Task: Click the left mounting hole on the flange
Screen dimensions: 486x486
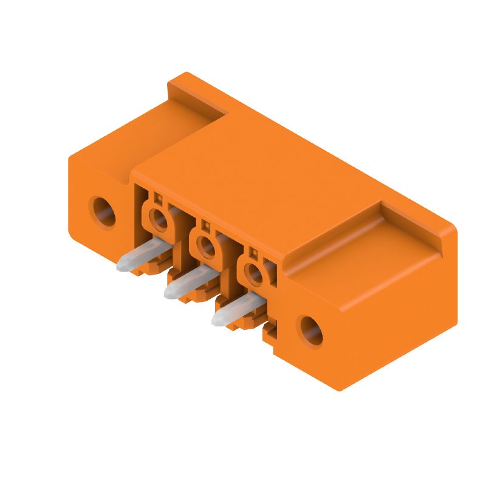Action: pyautogui.click(x=104, y=211)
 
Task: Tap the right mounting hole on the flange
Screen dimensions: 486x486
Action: pyautogui.click(x=310, y=331)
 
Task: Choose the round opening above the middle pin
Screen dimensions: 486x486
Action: pyautogui.click(x=208, y=246)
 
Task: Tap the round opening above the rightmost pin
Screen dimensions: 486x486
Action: pyautogui.click(x=255, y=273)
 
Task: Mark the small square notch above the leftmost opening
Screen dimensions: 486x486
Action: pyautogui.click(x=157, y=198)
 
